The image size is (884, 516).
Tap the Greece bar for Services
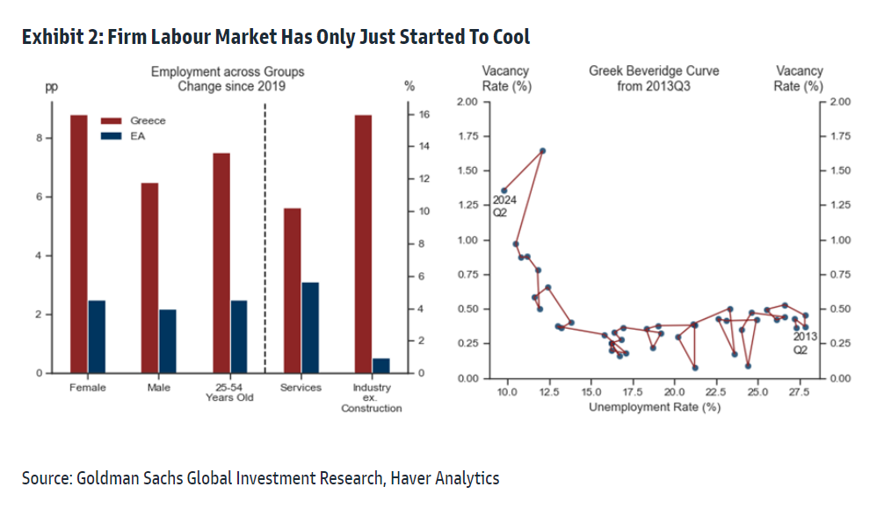point(292,290)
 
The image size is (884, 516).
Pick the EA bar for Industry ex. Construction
point(380,365)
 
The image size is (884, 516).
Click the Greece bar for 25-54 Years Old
point(221,263)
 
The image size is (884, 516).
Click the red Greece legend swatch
point(111,120)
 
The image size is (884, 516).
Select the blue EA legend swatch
point(111,136)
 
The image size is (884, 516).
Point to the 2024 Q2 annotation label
point(504,206)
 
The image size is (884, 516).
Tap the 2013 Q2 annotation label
point(806,343)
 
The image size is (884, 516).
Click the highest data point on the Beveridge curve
point(542,150)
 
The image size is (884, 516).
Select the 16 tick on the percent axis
point(422,114)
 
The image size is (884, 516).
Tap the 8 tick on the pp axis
point(39,138)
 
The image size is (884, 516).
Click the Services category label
point(301,388)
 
